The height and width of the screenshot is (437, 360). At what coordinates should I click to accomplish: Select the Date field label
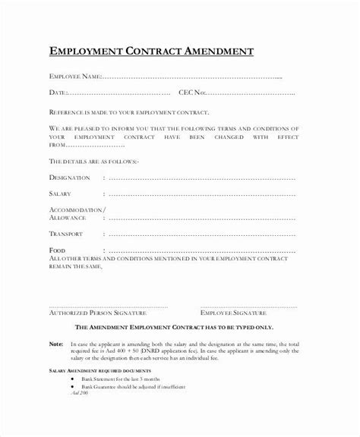pyautogui.click(x=58, y=92)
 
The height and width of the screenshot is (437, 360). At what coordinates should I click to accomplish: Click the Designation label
pyautogui.click(x=70, y=178)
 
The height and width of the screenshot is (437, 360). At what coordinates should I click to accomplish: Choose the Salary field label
pyautogui.click(x=61, y=195)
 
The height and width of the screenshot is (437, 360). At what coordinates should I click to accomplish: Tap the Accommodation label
pyautogui.click(x=77, y=209)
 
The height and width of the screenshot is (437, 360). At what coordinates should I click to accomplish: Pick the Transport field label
pyautogui.click(x=66, y=234)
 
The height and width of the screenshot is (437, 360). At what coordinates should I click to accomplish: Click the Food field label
pyautogui.click(x=56, y=250)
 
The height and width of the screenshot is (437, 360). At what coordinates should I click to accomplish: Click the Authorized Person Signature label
pyautogui.click(x=98, y=291)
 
